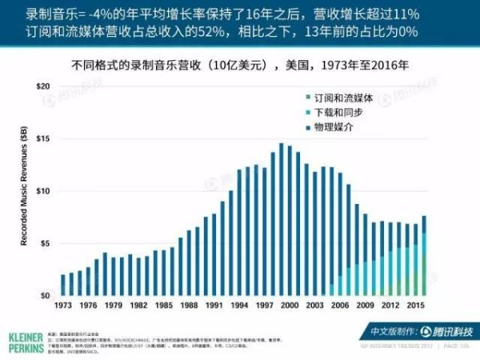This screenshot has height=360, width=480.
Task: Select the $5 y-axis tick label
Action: pyautogui.click(x=46, y=243)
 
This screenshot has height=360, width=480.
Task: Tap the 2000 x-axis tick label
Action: pyautogui.click(x=290, y=306)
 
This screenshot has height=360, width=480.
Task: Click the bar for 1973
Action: pyautogui.click(x=63, y=286)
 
